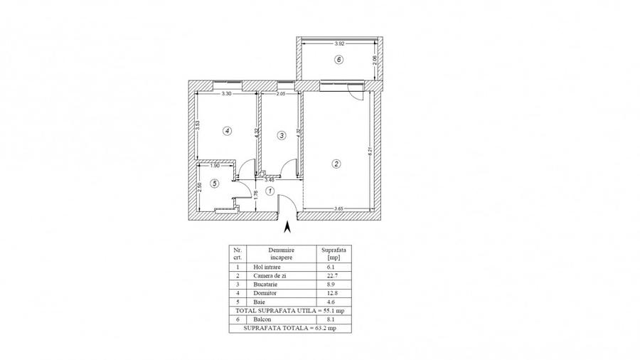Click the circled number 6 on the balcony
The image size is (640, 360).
tap(339, 60)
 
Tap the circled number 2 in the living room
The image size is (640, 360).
tap(336, 164)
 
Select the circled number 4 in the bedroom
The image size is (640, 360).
tap(226, 131)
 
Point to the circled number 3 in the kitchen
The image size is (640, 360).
tap(282, 135)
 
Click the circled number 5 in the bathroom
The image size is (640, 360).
tap(215, 184)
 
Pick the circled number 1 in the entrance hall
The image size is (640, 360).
tap(270, 191)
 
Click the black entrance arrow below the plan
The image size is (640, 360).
tap(287, 228)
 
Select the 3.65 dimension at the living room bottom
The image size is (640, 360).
tap(340, 208)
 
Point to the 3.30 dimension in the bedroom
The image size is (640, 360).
tap(226, 93)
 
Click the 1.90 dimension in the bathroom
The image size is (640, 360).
tap(205, 166)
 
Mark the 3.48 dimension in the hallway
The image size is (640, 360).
tap(270, 179)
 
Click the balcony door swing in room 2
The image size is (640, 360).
tap(354, 89)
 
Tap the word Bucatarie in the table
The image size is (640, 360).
tap(266, 284)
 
